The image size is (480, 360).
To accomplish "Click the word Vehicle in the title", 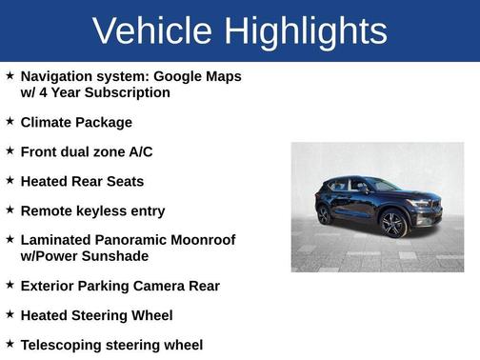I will click(152, 31).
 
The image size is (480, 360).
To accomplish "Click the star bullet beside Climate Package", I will click(10, 121).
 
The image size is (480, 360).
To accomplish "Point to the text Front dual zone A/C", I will click(87, 151).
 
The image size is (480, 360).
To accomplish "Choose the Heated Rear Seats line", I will click(82, 181).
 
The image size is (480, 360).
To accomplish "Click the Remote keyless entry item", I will click(92, 210).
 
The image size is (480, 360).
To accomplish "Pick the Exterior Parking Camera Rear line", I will click(120, 286).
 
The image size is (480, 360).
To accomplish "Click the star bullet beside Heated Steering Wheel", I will click(10, 313).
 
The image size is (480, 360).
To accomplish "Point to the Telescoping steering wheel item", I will click(111, 345).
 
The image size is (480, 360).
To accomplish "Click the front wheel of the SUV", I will click(392, 225).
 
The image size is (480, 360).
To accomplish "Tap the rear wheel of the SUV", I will click(324, 215).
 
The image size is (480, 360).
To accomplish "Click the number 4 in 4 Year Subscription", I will click(45, 92).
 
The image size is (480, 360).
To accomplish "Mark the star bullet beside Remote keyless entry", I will click(10, 210).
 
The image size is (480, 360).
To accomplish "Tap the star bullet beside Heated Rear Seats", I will click(10, 180).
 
